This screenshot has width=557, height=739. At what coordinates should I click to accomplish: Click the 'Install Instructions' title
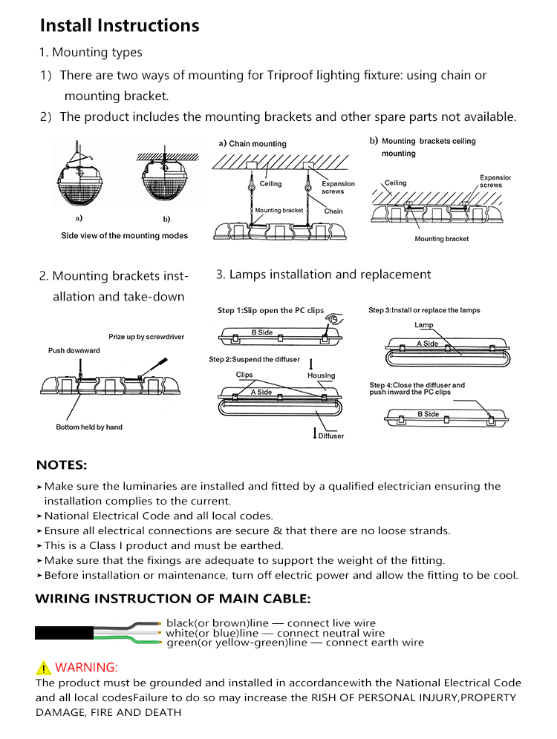click(120, 26)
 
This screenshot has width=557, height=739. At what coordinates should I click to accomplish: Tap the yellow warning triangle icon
click(43, 667)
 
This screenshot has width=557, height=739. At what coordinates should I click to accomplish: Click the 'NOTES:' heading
click(62, 466)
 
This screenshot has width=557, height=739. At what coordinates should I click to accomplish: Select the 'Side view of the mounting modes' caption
click(124, 236)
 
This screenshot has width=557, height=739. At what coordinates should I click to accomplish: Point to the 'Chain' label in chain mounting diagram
click(333, 211)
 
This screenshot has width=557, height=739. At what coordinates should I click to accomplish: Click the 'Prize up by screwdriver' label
click(146, 337)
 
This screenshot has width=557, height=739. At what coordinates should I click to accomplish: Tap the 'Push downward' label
click(74, 350)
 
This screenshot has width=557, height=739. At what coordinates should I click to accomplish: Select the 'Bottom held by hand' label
click(89, 427)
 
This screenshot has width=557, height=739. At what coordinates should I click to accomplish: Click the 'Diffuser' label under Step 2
click(330, 436)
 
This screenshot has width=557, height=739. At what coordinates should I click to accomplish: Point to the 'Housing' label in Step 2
click(321, 375)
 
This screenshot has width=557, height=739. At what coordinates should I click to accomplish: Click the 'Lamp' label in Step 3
click(424, 326)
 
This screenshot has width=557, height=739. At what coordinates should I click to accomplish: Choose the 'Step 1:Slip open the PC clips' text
click(270, 310)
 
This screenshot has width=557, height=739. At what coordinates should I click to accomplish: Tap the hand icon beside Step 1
click(336, 318)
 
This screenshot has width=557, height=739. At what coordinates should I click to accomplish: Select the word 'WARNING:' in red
click(86, 667)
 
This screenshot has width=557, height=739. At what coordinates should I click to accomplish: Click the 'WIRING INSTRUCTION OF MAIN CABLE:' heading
click(173, 599)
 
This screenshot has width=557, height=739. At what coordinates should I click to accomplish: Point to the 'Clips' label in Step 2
click(244, 375)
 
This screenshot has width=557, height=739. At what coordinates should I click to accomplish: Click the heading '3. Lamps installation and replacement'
click(323, 275)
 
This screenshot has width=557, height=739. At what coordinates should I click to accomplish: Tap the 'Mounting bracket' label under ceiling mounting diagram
click(442, 239)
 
